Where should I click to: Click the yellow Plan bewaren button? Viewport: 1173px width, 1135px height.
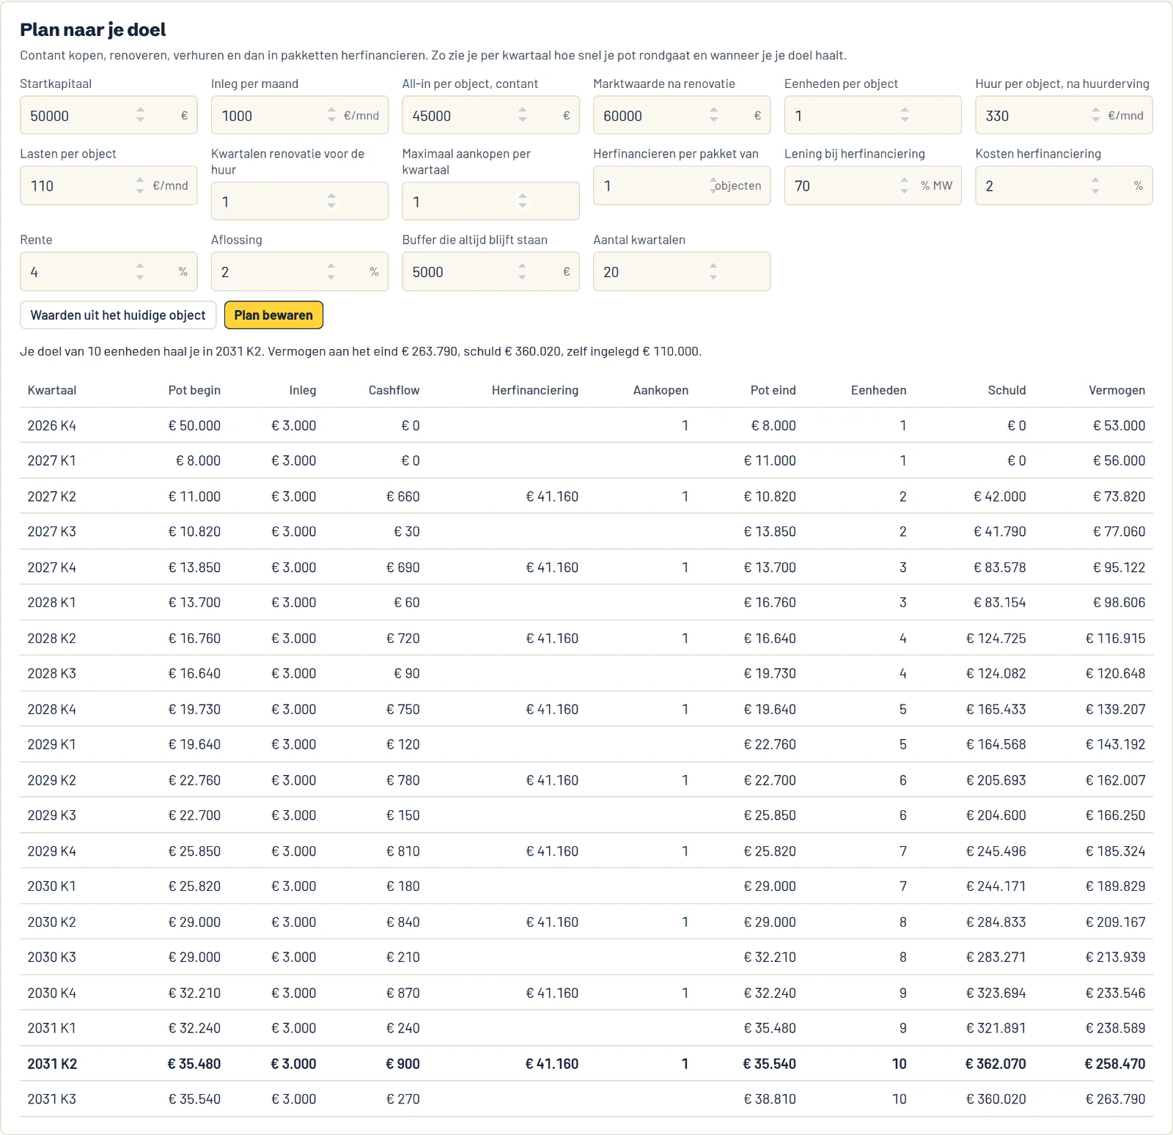(x=273, y=315)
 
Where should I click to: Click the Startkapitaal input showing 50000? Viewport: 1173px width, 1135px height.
(x=109, y=115)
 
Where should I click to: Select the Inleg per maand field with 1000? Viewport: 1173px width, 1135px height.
(x=300, y=115)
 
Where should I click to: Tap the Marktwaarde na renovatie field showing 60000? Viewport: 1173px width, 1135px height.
(x=682, y=115)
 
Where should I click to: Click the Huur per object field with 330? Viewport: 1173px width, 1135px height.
(x=1064, y=115)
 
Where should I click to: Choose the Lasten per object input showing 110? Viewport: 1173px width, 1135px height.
(x=109, y=186)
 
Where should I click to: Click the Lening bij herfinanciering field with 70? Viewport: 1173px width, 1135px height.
(x=872, y=186)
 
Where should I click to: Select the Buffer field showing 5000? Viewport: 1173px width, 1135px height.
(x=490, y=271)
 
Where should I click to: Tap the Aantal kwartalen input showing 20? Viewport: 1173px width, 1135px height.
(x=682, y=271)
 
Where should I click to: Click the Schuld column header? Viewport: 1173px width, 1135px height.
(x=1007, y=390)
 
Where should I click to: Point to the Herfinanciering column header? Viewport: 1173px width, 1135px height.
(x=535, y=390)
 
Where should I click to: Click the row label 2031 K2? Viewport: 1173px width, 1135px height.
(x=52, y=1064)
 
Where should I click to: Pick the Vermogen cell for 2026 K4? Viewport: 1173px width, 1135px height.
(x=1119, y=425)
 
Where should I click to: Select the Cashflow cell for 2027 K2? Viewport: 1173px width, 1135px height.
(x=403, y=496)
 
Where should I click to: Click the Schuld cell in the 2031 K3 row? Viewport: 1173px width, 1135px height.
(x=996, y=1099)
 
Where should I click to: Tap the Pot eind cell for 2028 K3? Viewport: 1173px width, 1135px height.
(x=770, y=673)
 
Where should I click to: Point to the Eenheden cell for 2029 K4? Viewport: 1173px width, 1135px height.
(x=903, y=851)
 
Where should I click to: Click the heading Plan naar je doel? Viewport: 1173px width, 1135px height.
(x=93, y=29)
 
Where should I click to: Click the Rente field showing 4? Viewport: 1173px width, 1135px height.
(x=109, y=271)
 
